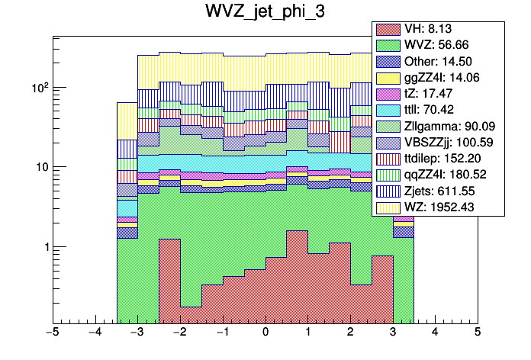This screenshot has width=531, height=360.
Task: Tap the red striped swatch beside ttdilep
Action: click(x=388, y=159)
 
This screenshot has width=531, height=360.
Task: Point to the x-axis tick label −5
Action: click(x=53, y=333)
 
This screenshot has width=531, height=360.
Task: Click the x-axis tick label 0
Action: click(x=265, y=333)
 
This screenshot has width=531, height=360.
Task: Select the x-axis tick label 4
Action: click(x=435, y=333)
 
